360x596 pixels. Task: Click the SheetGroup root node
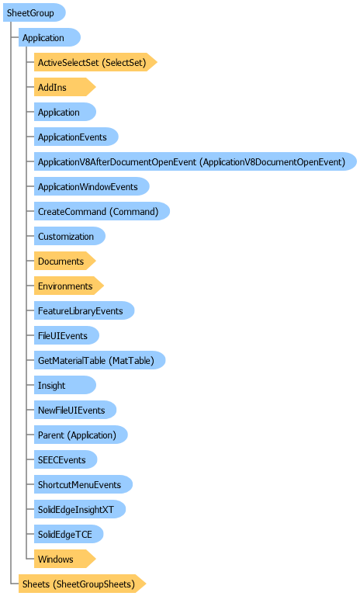(x=34, y=13)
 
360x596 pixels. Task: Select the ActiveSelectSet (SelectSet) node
(x=95, y=62)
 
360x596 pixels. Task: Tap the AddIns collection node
(x=64, y=88)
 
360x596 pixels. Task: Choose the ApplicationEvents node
(x=76, y=137)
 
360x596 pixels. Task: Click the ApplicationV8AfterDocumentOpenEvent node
(x=196, y=162)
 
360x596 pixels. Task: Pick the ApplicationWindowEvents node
(x=92, y=186)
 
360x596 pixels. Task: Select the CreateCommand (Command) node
(x=102, y=211)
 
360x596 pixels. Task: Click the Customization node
(x=70, y=237)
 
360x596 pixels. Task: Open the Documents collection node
(x=64, y=261)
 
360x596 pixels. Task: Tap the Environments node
(x=69, y=286)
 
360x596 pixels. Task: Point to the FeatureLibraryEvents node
(x=84, y=310)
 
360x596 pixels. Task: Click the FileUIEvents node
(x=67, y=335)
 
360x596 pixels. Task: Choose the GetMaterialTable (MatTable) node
(x=99, y=360)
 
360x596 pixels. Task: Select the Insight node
(x=65, y=385)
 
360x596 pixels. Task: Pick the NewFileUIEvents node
(x=75, y=410)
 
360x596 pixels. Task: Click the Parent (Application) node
(x=81, y=435)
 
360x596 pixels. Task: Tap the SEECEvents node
(x=65, y=459)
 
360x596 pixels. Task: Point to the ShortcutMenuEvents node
(x=83, y=484)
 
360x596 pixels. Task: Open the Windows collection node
(x=64, y=559)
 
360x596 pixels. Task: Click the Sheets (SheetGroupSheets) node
(x=82, y=584)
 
